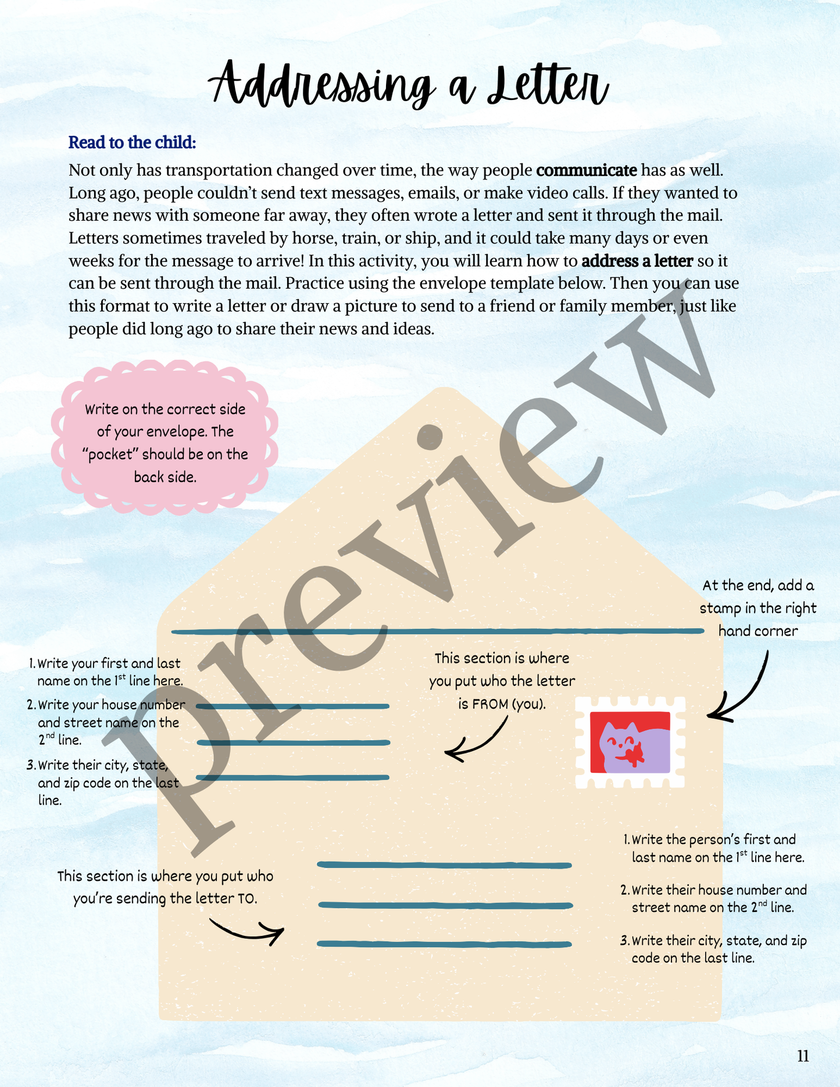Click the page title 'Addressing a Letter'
[409, 86]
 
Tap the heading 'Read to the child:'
[132, 142]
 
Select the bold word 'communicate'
[587, 170]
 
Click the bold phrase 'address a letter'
[637, 261]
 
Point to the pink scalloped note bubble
[165, 437]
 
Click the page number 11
[803, 1056]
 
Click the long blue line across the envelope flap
[437, 631]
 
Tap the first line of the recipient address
[445, 865]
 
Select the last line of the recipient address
[445, 944]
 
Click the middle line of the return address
[294, 742]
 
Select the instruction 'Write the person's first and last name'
[714, 848]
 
